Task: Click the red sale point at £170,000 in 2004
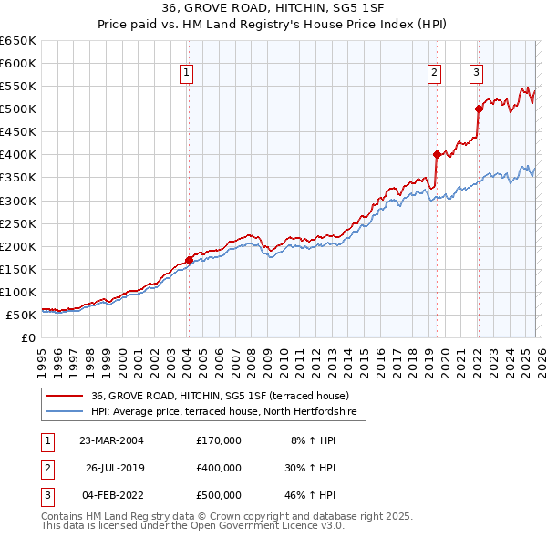click(189, 260)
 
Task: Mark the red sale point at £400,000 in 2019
click(437, 154)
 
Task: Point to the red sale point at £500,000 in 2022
click(479, 109)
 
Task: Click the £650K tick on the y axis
click(18, 41)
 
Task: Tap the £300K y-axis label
click(18, 201)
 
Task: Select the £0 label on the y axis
click(27, 337)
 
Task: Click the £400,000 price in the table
click(219, 468)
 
